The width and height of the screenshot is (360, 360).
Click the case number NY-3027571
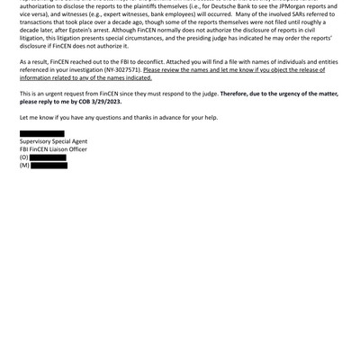[x=122, y=69]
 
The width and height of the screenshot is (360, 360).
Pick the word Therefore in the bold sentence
[x=238, y=93]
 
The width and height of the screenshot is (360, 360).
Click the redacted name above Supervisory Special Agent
[x=42, y=133]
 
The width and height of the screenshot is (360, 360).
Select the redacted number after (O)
[x=49, y=157]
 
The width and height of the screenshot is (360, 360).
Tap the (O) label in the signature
[x=24, y=157]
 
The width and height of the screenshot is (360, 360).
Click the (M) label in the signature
[x=24, y=166]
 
